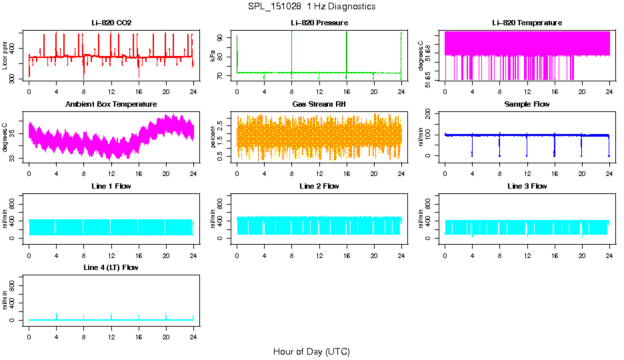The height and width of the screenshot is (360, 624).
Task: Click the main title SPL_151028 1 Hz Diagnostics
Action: tap(311, 7)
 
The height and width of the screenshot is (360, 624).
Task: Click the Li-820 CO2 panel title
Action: tap(111, 23)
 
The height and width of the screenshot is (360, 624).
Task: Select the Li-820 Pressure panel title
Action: tap(319, 23)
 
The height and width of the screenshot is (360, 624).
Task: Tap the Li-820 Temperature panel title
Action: tap(527, 23)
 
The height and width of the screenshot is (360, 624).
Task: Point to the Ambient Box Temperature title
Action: tap(111, 104)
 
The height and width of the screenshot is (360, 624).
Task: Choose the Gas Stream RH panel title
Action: tap(319, 104)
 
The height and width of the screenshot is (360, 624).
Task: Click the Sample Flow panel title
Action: tap(527, 104)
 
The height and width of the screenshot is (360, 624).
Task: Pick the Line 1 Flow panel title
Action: tap(111, 186)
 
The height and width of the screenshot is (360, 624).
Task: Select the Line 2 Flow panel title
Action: tap(319, 186)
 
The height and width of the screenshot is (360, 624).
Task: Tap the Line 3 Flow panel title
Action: tap(527, 186)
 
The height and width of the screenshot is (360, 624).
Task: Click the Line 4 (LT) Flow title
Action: tap(111, 267)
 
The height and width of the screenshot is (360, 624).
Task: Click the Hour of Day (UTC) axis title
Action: tap(311, 351)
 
